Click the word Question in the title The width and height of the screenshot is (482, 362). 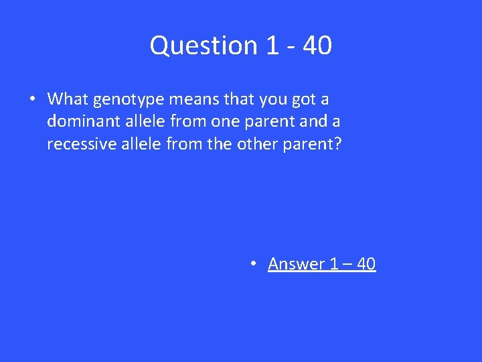pos(202,46)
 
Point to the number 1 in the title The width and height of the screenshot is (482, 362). pos(272,46)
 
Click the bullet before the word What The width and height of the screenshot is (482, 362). pos(33,100)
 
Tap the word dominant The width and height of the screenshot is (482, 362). pos(78,121)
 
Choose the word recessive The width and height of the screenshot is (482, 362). pos(77,143)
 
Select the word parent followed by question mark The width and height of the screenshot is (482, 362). pos(313,143)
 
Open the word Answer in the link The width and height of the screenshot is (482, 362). pos(297,264)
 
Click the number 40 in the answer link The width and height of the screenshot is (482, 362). pos(366,264)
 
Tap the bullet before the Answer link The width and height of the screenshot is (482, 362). pos(253,264)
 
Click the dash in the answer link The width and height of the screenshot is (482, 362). pos(347,265)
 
